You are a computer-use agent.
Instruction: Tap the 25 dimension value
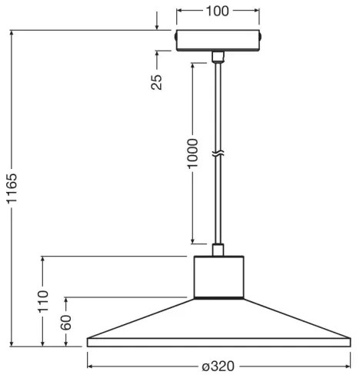157,82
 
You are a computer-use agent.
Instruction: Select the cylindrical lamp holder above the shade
218,275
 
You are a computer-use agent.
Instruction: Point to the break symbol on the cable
218,154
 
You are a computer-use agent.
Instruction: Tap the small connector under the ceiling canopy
218,56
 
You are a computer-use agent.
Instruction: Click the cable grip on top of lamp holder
218,249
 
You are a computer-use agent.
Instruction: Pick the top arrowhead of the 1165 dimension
13,35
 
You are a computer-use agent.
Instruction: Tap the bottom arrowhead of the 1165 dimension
13,343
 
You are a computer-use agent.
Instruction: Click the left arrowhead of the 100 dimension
180,11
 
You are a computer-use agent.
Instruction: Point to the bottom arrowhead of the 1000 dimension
192,239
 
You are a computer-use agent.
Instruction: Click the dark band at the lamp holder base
218,296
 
